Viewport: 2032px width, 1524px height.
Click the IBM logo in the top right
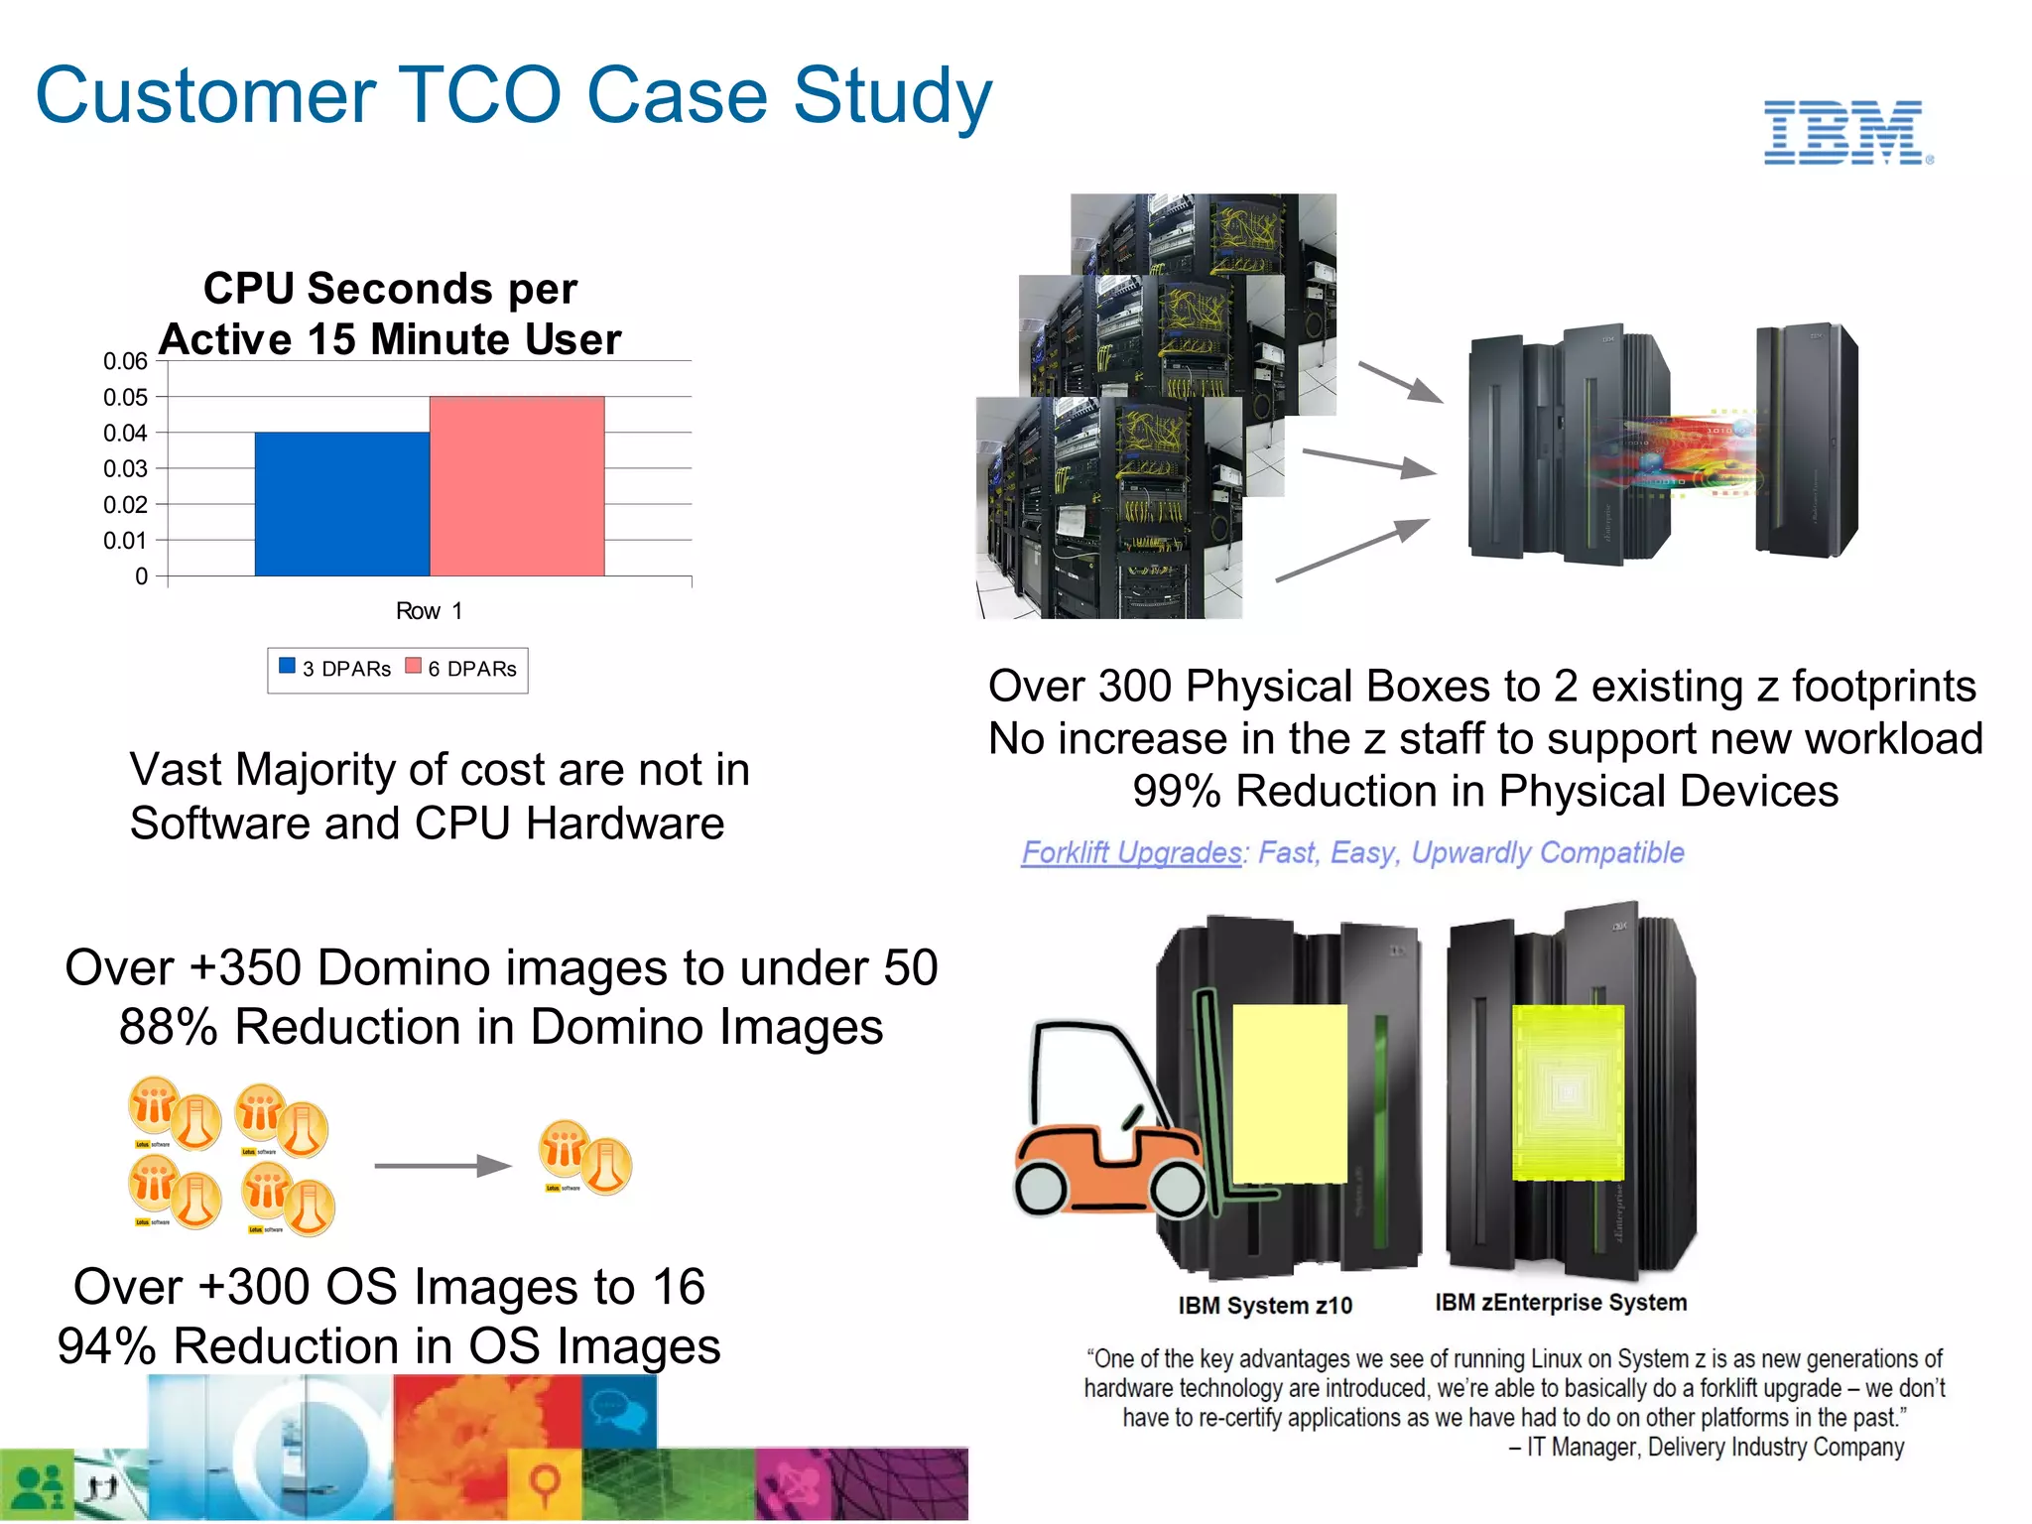pos(1846,133)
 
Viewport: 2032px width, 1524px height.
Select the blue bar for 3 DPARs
pos(341,504)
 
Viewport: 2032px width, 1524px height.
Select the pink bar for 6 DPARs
pos(517,486)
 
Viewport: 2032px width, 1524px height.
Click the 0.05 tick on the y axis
pos(125,398)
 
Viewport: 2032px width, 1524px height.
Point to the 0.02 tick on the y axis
pos(125,505)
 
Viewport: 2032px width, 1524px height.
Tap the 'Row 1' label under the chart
pos(429,611)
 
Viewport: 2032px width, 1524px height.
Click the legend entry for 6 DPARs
pos(463,669)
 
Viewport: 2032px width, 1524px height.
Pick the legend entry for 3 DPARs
pos(337,669)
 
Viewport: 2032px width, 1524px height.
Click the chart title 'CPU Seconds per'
pos(390,289)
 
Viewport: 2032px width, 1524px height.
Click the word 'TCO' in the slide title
pos(479,96)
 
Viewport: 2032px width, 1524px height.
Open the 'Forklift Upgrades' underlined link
pos(1131,852)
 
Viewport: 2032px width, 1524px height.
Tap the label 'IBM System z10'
pos(1265,1306)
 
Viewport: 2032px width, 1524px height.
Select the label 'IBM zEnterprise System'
pos(1561,1303)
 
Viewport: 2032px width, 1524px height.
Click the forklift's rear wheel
pos(1042,1189)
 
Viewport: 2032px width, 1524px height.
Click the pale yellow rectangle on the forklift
pos(1290,1093)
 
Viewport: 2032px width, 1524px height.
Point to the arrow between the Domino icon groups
pos(442,1166)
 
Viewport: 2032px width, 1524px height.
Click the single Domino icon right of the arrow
pos(584,1158)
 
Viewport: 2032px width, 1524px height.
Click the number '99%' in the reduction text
pos(1177,792)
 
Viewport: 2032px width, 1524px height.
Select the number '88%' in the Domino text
pos(168,1027)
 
